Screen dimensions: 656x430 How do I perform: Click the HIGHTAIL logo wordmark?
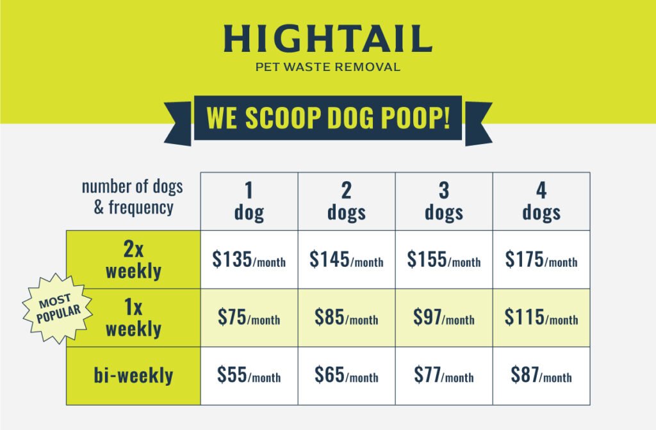[328, 38]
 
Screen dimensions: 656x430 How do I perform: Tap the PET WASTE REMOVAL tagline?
[328, 67]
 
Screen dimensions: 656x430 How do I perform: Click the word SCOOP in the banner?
[283, 118]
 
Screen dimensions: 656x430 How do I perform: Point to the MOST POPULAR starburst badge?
[58, 309]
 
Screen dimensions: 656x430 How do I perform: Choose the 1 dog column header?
[249, 201]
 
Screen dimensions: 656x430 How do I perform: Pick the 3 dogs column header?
[444, 201]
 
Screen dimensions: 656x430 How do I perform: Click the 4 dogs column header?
[541, 201]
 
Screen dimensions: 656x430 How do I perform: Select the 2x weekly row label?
[133, 260]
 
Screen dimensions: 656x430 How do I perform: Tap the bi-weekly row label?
[133, 376]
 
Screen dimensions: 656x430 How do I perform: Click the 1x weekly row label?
[133, 317]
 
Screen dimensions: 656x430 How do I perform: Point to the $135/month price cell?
[249, 260]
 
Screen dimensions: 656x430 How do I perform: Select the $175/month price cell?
[541, 260]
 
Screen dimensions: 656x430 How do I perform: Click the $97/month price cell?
[444, 317]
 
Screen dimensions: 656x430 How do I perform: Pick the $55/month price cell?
[249, 376]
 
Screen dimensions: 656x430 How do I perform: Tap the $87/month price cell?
[541, 376]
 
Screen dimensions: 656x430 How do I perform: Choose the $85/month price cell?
[347, 317]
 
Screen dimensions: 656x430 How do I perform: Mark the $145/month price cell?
[347, 260]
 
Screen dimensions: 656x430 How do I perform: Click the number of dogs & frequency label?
[133, 197]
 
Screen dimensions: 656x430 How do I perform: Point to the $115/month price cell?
[541, 317]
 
